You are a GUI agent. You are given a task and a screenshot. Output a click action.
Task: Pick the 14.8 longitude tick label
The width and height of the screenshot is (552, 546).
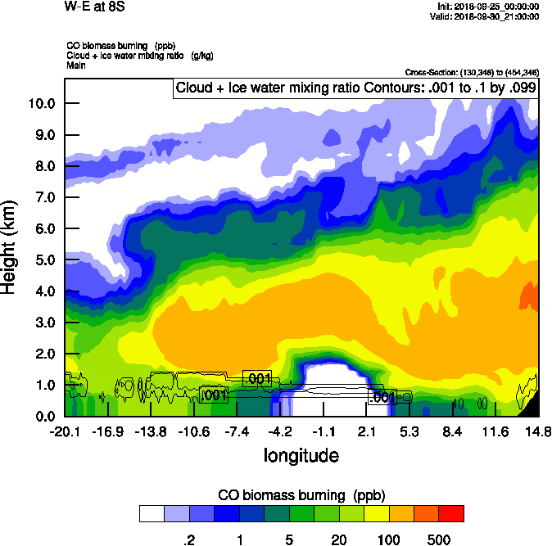[538, 431]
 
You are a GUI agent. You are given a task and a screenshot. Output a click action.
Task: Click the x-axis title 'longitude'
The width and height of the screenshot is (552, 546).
[301, 454]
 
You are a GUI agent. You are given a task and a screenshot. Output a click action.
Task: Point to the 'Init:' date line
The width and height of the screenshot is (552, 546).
[487, 6]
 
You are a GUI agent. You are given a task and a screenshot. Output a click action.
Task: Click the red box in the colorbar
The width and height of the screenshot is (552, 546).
[450, 513]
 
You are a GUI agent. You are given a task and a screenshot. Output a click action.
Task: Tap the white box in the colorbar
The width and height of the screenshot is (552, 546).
[152, 513]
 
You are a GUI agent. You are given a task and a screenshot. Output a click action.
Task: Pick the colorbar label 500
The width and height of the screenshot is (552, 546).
[439, 539]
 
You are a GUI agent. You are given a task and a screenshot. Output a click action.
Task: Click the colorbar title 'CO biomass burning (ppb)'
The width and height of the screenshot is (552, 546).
[301, 495]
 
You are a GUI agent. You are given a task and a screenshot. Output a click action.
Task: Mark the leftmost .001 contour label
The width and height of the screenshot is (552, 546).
[214, 395]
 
